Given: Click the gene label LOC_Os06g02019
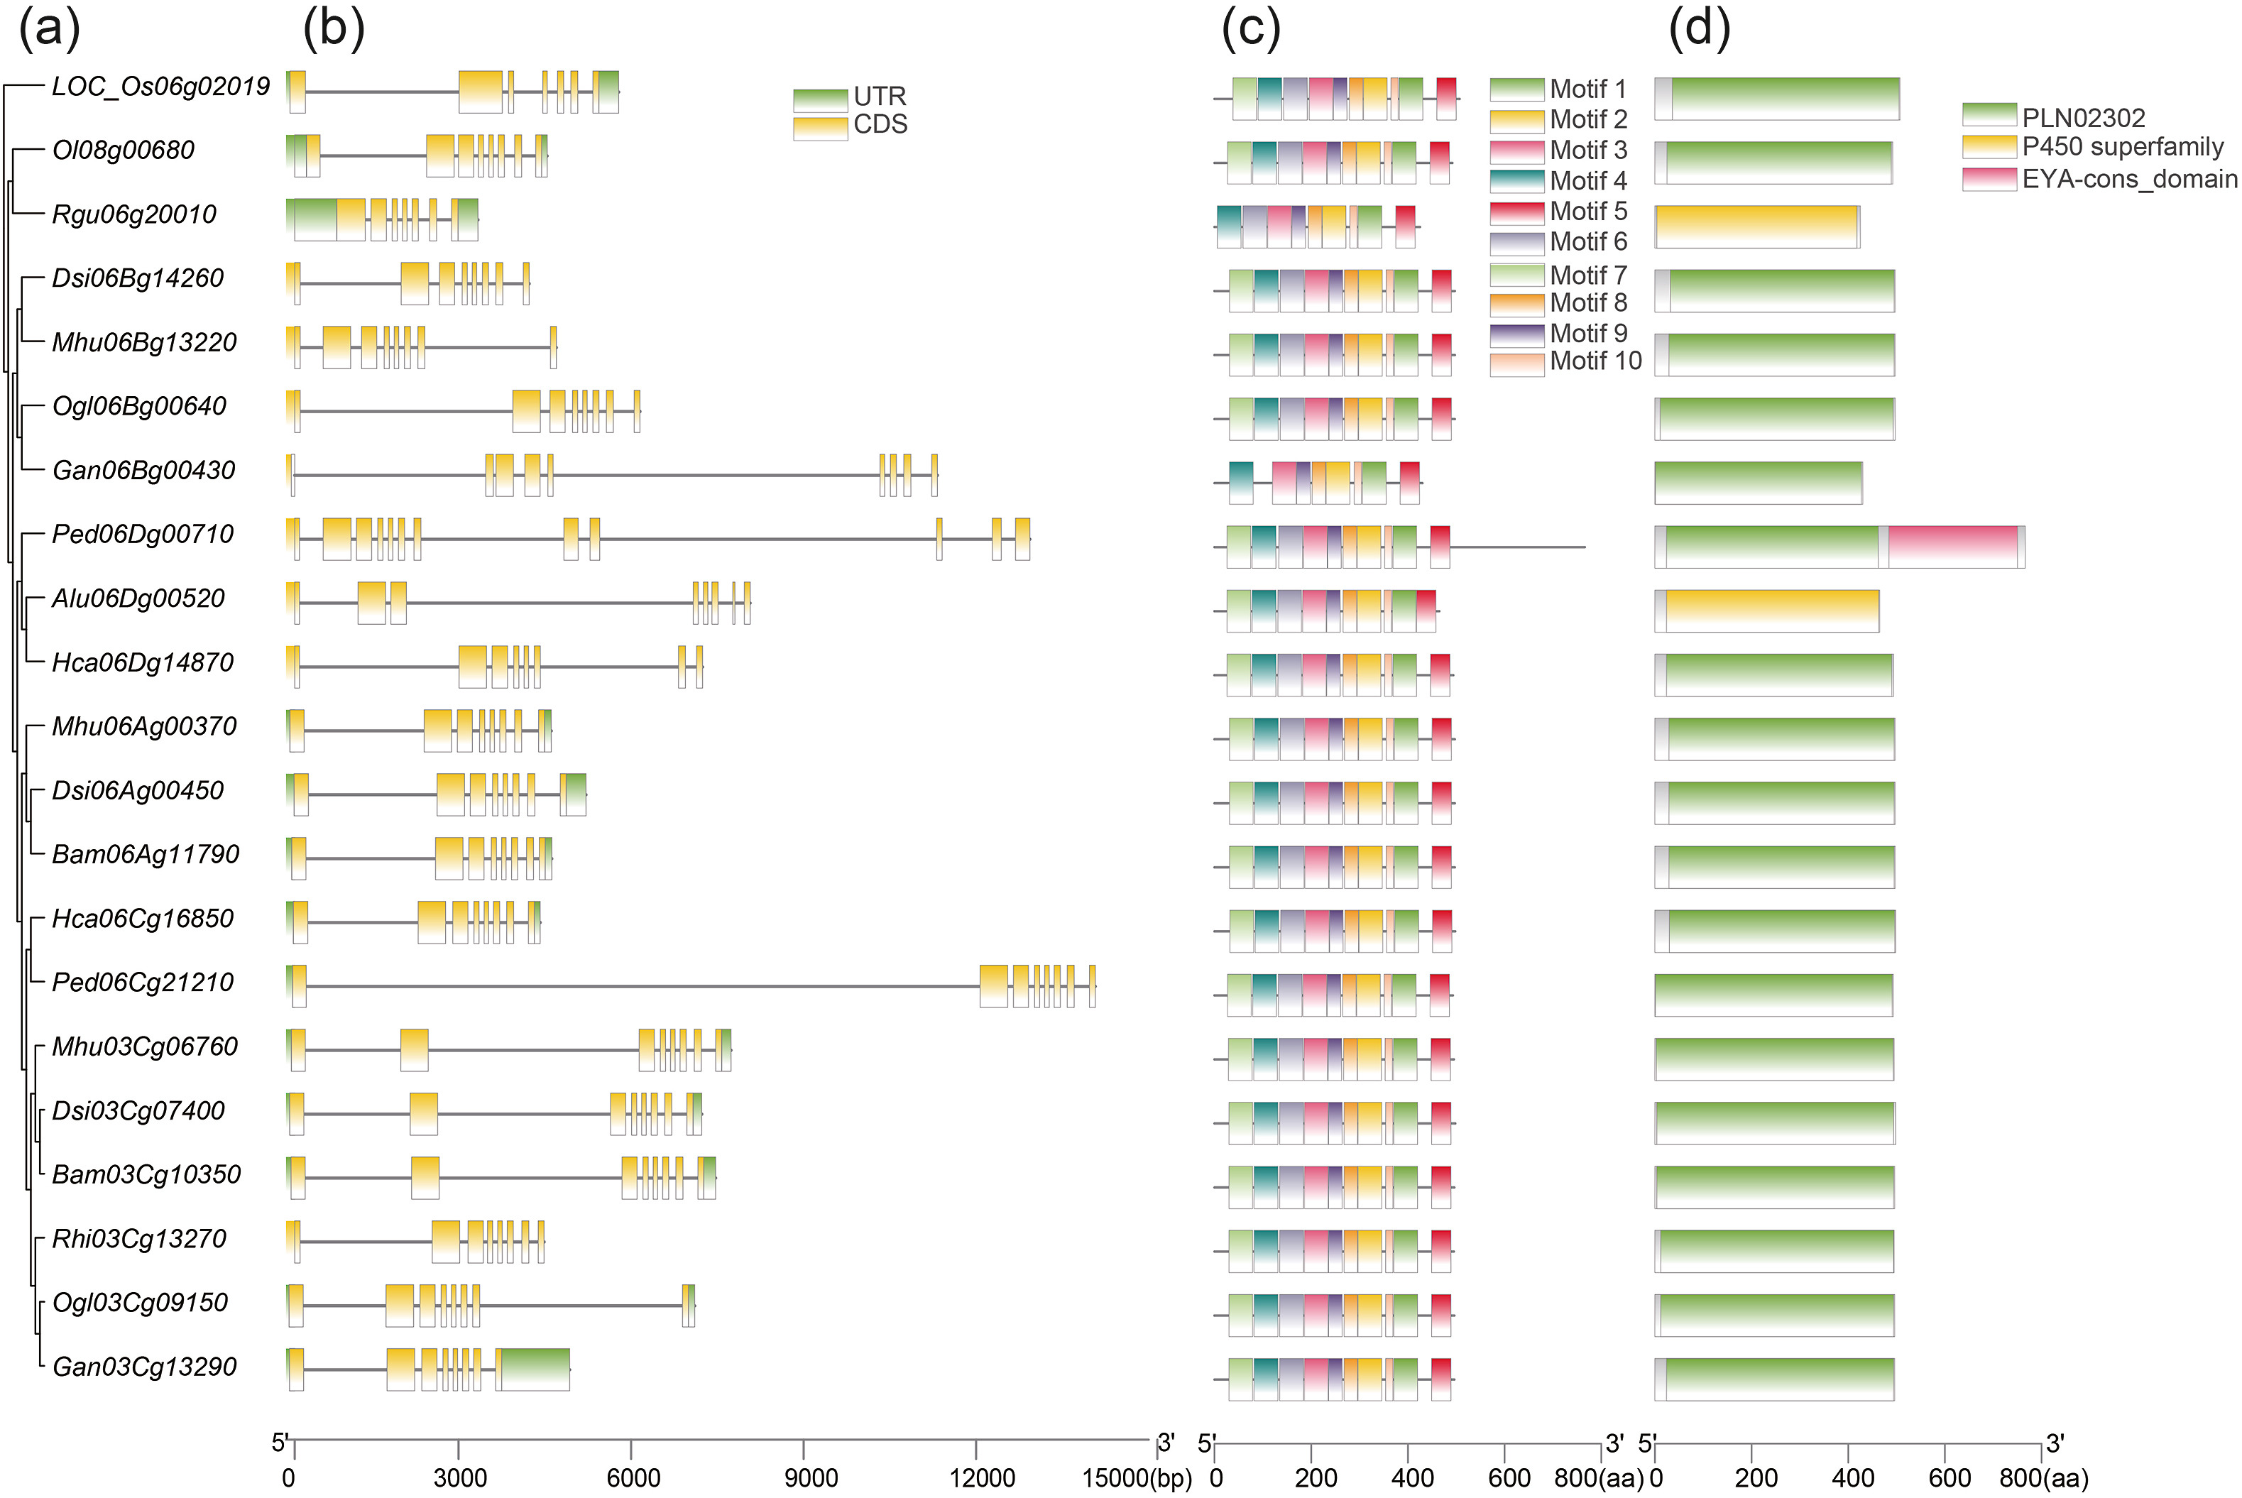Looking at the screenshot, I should pos(160,87).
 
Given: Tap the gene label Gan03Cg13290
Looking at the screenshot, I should pos(144,1367).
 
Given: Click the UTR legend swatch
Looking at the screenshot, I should pos(819,100).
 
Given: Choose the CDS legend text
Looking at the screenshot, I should pos(880,125).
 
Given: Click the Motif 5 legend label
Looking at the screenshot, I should pos(1587,211).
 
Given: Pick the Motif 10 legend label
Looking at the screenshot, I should pos(1595,361).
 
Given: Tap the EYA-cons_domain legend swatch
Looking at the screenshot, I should pos(1989,179).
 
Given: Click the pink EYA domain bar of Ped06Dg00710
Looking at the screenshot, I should pos(1952,547).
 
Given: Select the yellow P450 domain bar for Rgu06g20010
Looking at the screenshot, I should pos(1756,226).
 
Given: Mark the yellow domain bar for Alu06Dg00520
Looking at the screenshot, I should pos(1772,611).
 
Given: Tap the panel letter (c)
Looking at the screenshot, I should pos(1250,28).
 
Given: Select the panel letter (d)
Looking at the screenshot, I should pos(1698,28).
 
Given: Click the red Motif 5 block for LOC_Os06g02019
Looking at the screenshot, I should pos(1445,99).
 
